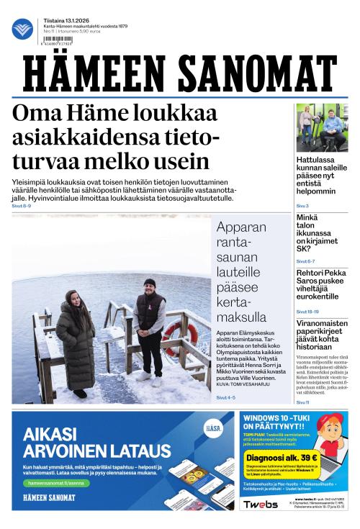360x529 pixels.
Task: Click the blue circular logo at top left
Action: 22,29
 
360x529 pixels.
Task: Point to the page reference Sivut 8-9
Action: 22,206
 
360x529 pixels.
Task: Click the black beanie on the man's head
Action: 150,283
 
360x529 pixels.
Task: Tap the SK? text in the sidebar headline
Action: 305,248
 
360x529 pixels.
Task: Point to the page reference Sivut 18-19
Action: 307,312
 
